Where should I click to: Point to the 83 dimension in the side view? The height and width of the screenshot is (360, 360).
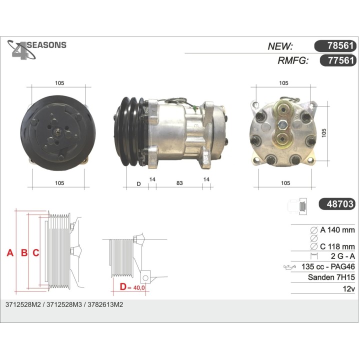click(179, 183)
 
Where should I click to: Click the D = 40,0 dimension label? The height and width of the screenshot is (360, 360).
click(132, 287)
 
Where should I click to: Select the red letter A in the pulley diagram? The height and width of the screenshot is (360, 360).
click(9, 253)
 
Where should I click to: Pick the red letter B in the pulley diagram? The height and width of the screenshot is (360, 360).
click(23, 253)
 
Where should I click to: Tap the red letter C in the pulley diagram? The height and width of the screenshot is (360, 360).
click(36, 253)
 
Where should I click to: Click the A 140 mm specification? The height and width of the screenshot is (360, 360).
click(337, 230)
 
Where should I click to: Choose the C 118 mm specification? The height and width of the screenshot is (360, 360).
click(337, 246)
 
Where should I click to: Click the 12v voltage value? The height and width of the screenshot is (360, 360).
click(348, 288)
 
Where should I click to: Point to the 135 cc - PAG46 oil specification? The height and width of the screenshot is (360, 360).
click(328, 267)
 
